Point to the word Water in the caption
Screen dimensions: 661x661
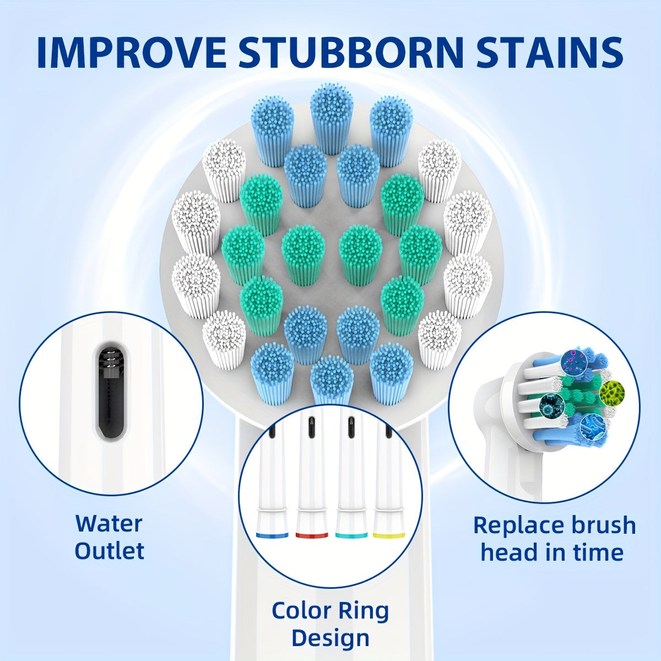pyautogui.click(x=109, y=523)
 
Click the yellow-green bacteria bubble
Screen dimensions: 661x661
pyautogui.click(x=613, y=392)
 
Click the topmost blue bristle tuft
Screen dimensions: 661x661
pyautogui.click(x=332, y=119)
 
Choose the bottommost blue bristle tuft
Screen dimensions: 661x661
pyautogui.click(x=332, y=381)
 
